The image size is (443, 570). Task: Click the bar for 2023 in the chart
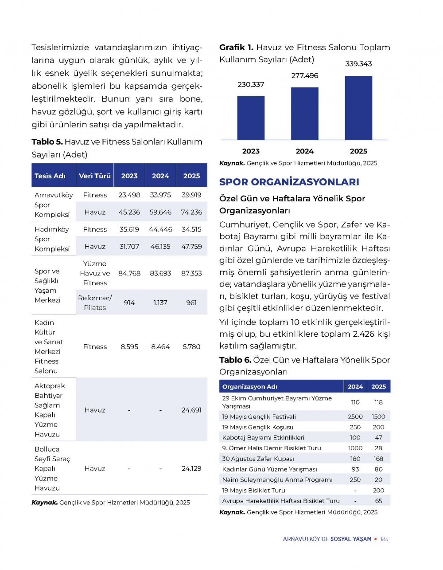pos(251,118)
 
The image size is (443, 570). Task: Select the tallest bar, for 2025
pos(358,108)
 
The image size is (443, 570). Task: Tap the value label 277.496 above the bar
pos(304,76)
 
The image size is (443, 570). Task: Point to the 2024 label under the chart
pos(304,151)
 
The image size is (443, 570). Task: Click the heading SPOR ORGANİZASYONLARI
pos(289,182)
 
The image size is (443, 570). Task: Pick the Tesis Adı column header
pos(50,176)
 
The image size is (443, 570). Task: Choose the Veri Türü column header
pos(95,176)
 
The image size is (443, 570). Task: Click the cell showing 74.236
pos(191,212)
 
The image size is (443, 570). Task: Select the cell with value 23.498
pos(129,195)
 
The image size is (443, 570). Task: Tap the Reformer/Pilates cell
pos(95,303)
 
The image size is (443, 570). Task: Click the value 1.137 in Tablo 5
pos(160,303)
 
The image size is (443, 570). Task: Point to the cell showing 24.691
pos(191,410)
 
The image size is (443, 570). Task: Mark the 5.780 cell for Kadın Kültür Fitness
pos(191,347)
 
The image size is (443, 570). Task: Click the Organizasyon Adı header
pos(250,387)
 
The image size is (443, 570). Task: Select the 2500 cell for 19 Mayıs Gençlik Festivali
pos(355,417)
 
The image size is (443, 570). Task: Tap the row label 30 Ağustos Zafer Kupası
pos(258,459)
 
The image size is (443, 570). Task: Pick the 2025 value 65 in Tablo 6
pos(378,501)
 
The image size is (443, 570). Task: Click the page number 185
pos(384,539)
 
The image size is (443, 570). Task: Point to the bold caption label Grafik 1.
pos(236,47)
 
